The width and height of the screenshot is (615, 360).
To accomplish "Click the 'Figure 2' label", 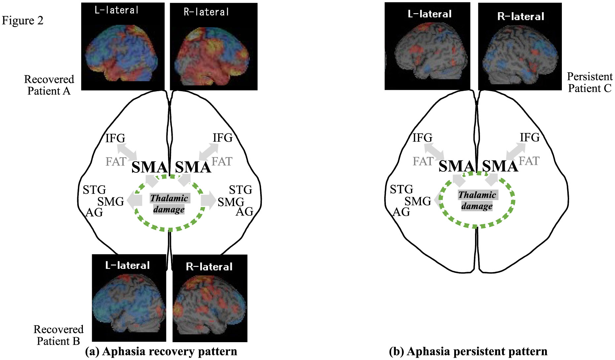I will coord(22,20).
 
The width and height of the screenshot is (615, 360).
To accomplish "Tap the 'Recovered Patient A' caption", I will coord(49,85).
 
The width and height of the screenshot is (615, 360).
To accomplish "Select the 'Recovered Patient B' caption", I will coord(58,335).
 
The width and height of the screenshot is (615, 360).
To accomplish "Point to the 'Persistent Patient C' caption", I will coord(590,82).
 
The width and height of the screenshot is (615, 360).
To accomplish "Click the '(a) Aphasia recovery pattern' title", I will coord(161,351).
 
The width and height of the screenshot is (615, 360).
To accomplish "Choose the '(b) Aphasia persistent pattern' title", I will coord(468,351).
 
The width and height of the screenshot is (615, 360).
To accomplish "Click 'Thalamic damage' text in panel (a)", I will coord(169,204).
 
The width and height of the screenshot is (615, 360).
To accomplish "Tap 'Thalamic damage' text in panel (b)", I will coord(477,200).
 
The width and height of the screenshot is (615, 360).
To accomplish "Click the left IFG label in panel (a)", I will coord(115,138).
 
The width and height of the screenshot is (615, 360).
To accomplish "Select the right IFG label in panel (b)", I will coord(530,137).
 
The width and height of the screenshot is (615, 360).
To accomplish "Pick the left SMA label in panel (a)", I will coord(149,167).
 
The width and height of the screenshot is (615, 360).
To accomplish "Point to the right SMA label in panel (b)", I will coord(500,166).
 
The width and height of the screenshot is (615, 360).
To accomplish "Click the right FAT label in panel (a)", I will coord(222,162).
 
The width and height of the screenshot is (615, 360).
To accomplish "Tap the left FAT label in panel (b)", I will coord(423,161).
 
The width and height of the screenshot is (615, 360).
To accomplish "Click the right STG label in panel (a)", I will coord(240,190).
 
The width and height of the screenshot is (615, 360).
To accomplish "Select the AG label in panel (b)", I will coord(401,212).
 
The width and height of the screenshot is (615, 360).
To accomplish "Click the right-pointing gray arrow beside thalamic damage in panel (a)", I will coord(208,200).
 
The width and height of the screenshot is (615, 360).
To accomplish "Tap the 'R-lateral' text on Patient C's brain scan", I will coord(521,17).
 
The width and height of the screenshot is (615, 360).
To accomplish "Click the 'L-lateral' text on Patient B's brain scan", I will coord(127,265).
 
